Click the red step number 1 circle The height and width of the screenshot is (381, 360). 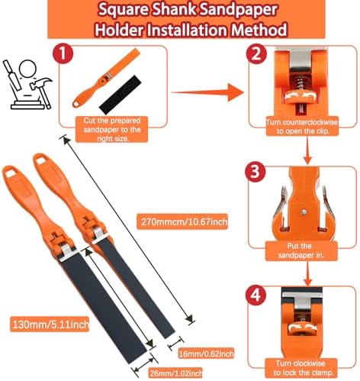click(x=63, y=53)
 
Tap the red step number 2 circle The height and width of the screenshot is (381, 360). click(x=256, y=53)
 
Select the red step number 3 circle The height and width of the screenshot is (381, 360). click(x=256, y=171)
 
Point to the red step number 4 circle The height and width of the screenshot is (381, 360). click(x=256, y=295)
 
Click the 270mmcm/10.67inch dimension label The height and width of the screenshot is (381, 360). click(x=182, y=221)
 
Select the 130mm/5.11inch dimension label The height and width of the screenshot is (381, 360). click(x=50, y=324)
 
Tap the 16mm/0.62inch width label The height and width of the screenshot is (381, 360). click(x=206, y=354)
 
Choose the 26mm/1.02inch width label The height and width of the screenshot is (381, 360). click(x=175, y=373)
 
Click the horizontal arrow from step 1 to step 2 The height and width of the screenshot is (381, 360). click(x=207, y=92)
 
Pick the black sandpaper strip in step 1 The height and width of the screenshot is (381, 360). click(x=121, y=95)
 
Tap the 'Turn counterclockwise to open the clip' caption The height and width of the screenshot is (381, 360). click(x=302, y=127)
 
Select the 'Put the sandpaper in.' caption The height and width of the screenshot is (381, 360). click(x=301, y=250)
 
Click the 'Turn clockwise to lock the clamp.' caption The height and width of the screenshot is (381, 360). click(x=301, y=368)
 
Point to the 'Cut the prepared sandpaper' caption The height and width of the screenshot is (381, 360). click(x=112, y=129)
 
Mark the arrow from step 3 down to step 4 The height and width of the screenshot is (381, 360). click(x=307, y=273)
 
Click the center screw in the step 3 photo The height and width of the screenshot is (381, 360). click(x=303, y=211)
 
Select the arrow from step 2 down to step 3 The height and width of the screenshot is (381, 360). click(x=307, y=150)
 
